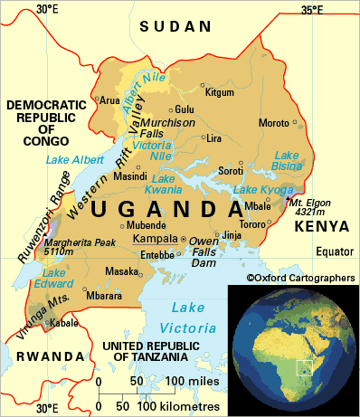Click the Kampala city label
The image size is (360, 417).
click(155, 239)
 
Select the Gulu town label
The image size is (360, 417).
click(185, 109)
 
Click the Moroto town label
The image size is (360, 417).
click(275, 122)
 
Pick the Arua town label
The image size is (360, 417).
click(109, 100)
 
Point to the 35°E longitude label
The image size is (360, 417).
click(311, 10)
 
